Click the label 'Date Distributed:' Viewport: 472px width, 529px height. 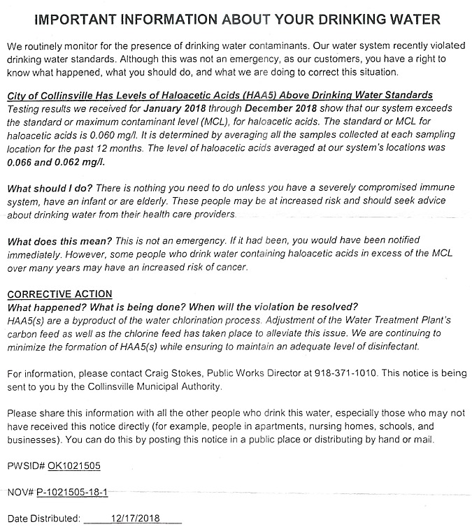pyautogui.click(x=44, y=519)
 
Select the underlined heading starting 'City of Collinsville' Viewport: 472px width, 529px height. pyautogui.click(x=220, y=94)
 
